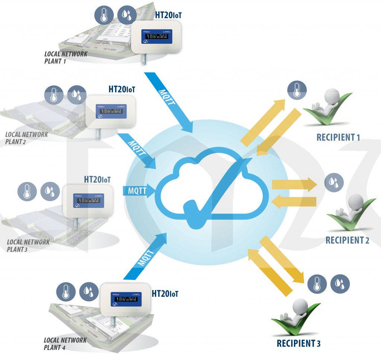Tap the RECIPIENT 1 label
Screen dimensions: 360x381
[338, 137]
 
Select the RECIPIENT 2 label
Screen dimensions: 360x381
[347, 240]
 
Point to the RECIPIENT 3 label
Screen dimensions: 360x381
[298, 343]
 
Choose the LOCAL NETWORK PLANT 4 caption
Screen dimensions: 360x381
[65, 344]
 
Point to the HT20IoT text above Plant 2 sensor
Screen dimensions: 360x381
[122, 90]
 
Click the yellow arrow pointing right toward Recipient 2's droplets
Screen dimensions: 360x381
[294, 184]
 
